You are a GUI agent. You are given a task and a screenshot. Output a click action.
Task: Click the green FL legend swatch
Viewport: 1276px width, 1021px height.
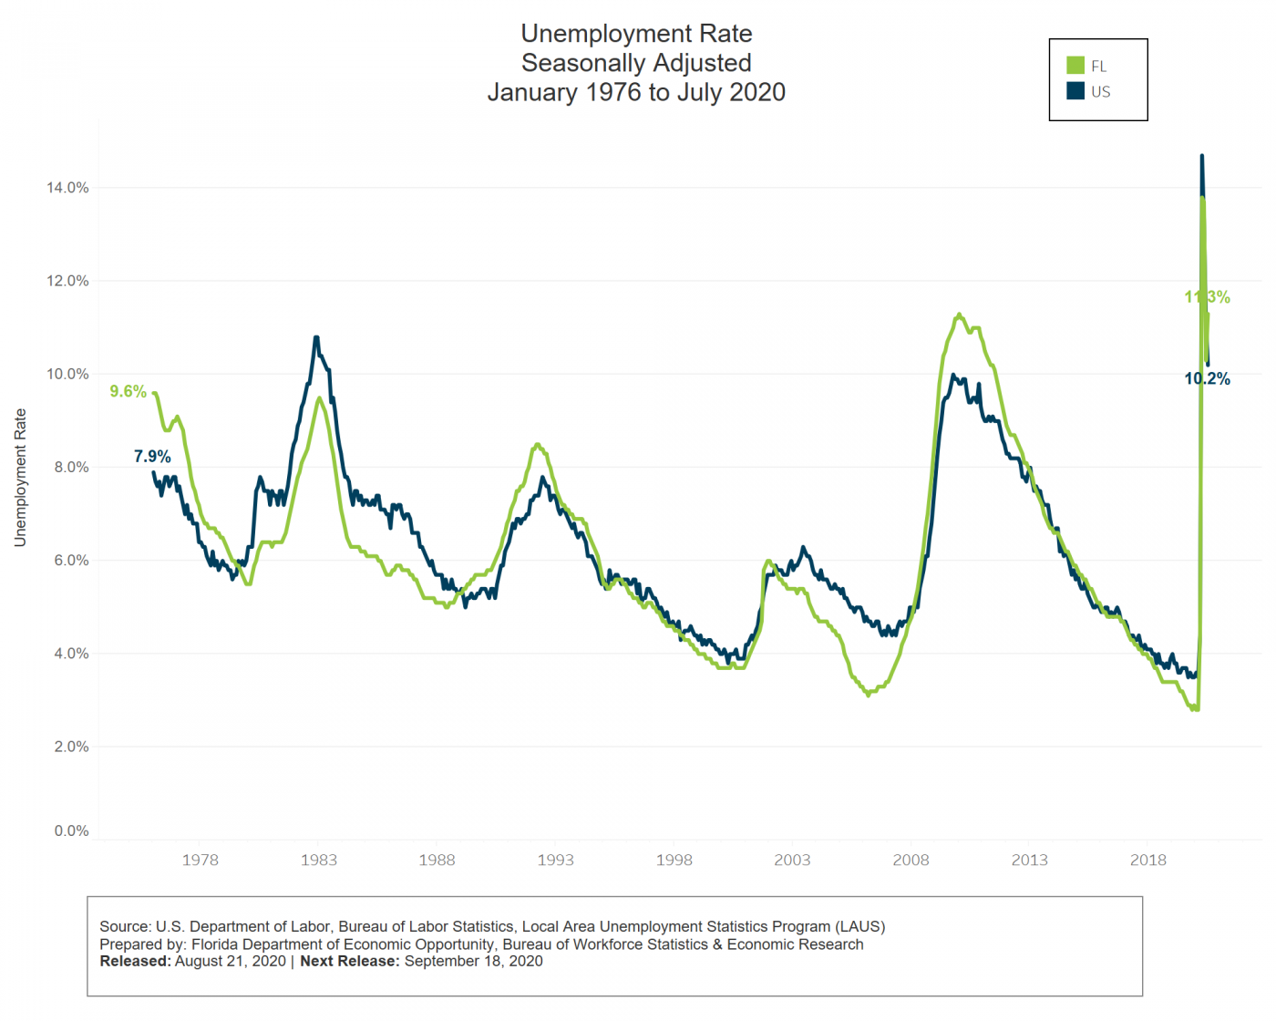click(x=1075, y=66)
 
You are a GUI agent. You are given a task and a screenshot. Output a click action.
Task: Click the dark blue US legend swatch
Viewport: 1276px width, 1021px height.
click(x=1075, y=91)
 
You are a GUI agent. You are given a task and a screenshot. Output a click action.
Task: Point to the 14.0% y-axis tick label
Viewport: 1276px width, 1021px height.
click(x=67, y=188)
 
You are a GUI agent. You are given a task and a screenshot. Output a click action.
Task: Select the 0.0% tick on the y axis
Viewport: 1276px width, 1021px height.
click(x=71, y=830)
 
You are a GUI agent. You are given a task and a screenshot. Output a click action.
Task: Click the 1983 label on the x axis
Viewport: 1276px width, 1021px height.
click(x=318, y=860)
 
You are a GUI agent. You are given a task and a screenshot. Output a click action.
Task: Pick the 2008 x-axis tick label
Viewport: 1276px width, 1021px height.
click(x=911, y=860)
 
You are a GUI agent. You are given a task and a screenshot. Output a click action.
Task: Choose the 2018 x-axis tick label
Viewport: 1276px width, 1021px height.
click(x=1147, y=860)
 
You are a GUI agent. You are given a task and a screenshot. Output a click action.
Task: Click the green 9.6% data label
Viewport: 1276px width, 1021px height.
click(x=128, y=391)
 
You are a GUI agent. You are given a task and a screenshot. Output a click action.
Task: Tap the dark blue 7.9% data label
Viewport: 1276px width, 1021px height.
click(x=152, y=457)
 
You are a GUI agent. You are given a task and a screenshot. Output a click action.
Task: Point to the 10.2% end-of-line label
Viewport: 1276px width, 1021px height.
click(x=1207, y=379)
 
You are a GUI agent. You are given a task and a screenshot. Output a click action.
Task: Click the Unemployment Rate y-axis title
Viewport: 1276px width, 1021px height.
click(x=20, y=478)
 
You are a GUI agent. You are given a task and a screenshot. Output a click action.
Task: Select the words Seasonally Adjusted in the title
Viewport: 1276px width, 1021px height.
click(x=636, y=63)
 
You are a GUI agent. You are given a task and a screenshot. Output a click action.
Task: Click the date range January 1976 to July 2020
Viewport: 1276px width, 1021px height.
click(x=636, y=92)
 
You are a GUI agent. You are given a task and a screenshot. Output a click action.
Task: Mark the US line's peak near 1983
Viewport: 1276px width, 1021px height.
click(x=316, y=337)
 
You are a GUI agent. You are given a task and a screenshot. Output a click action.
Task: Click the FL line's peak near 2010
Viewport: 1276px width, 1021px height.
click(x=959, y=315)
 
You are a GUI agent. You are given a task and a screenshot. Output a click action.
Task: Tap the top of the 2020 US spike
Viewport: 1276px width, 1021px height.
click(x=1201, y=156)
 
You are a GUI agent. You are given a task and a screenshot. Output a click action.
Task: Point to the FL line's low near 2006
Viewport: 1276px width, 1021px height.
click(x=868, y=696)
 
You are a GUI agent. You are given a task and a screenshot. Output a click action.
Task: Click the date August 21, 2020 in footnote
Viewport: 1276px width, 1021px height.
click(x=231, y=961)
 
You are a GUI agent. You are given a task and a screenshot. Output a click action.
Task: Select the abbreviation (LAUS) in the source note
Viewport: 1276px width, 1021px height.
click(x=860, y=926)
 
